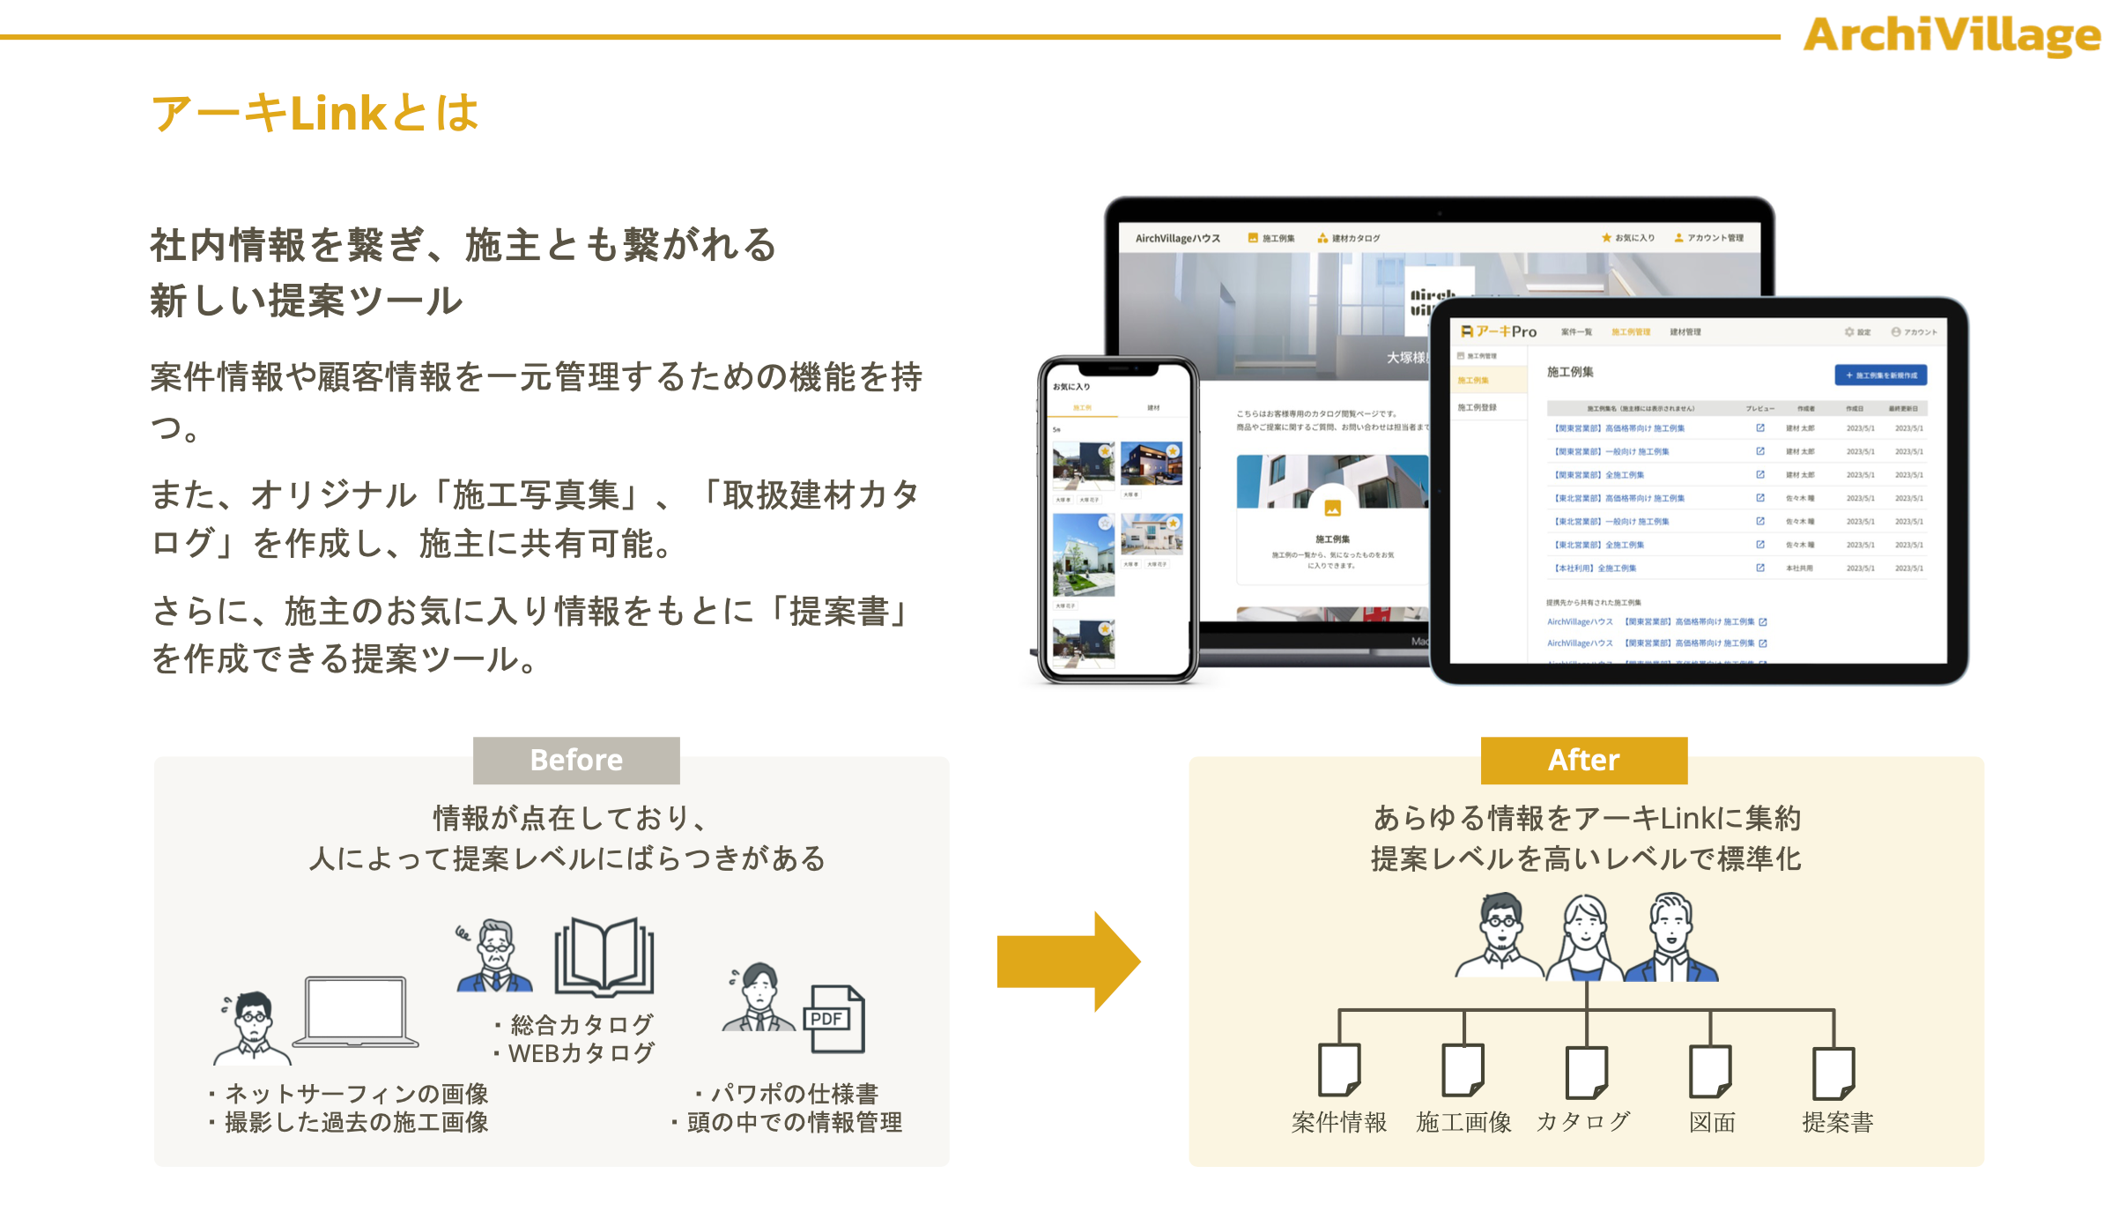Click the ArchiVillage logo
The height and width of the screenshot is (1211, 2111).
point(1951,35)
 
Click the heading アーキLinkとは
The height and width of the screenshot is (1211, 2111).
point(315,114)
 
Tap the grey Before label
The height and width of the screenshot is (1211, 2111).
point(576,760)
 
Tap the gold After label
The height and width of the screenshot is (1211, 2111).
point(1583,760)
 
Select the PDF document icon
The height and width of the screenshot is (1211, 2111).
point(833,1019)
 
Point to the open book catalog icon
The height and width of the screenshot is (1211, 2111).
point(604,957)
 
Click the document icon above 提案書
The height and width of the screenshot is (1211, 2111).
point(1833,1072)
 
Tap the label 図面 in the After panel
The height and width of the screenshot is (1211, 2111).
point(1712,1122)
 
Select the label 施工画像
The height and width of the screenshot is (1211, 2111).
point(1463,1122)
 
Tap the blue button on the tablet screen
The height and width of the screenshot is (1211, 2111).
point(1880,375)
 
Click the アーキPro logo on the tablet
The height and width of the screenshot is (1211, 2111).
point(1499,331)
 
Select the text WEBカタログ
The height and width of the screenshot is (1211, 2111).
point(581,1053)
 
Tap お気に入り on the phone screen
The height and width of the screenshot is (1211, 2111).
point(1071,386)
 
